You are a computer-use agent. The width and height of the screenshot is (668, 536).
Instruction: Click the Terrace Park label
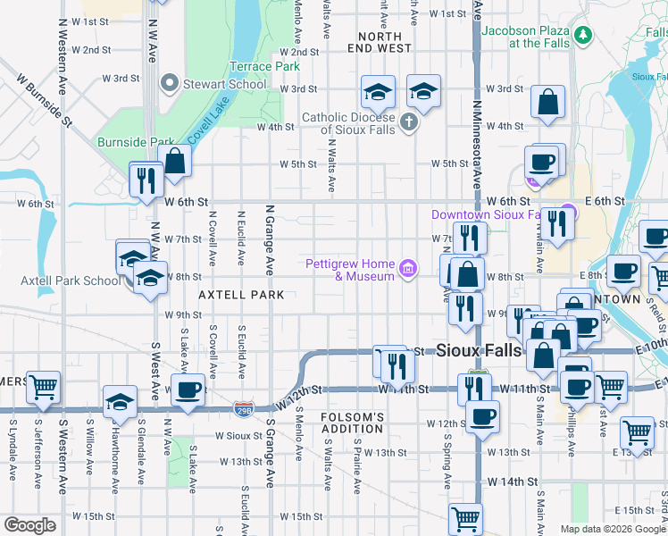coord(264,66)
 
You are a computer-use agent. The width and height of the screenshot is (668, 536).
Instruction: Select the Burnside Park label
coord(136,142)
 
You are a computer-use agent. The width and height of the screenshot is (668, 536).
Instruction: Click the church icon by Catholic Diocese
coord(409,123)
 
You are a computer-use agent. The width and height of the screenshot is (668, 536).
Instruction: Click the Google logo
coord(30,525)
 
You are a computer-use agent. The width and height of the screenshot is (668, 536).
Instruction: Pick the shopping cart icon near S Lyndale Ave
coord(43,388)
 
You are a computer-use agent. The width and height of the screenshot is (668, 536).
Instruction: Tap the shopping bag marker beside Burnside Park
coord(176,162)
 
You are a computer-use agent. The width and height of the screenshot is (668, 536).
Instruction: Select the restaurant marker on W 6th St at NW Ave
coord(144,180)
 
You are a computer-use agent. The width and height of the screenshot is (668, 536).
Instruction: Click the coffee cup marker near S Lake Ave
coord(188,390)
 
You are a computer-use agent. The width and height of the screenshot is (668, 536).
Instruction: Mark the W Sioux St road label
coord(236,437)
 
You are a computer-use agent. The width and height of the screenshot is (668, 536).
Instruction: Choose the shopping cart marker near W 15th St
coord(465,518)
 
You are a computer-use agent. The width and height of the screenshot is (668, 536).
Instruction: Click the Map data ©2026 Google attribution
coord(612,529)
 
